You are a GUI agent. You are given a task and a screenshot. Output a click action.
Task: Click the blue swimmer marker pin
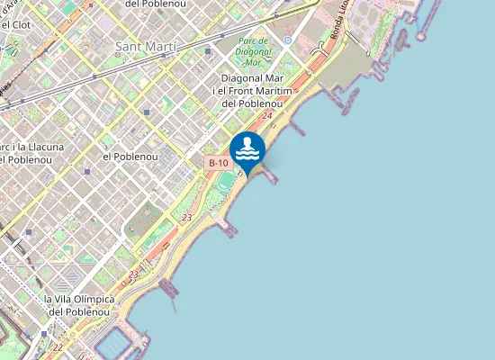(x=247, y=151)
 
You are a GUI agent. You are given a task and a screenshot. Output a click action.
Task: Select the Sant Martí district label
(x=146, y=45)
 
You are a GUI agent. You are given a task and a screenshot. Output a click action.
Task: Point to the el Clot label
(x=17, y=24)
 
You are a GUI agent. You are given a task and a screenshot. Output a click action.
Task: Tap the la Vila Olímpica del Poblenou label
(x=79, y=305)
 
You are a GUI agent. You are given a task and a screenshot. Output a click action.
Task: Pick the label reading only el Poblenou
(x=130, y=156)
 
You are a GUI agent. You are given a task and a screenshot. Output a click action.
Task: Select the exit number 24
(x=267, y=116)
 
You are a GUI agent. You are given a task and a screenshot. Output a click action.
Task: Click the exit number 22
(x=58, y=347)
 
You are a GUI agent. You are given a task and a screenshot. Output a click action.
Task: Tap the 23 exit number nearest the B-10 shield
(x=186, y=218)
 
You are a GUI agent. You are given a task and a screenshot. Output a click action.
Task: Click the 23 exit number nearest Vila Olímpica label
(x=133, y=274)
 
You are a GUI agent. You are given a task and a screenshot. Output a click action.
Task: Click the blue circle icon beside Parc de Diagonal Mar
(x=287, y=40)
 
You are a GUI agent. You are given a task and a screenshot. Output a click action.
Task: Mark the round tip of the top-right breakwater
(x=441, y=4)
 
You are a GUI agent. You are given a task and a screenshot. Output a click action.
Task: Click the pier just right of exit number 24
(x=298, y=130)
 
